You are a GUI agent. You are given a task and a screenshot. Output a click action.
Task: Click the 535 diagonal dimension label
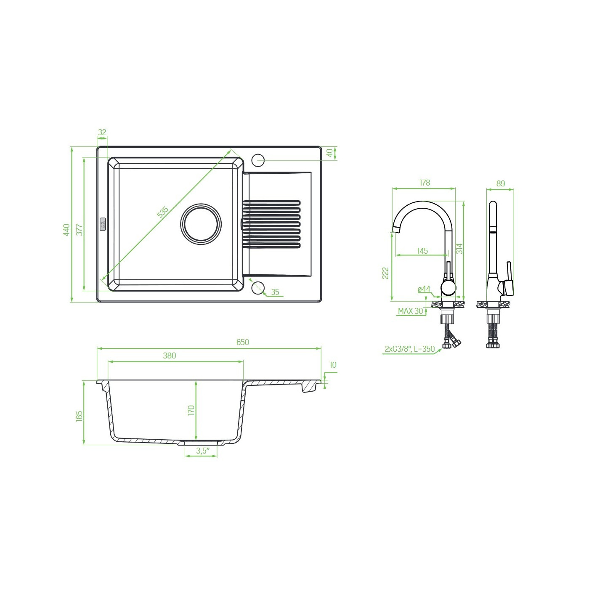point(163,212)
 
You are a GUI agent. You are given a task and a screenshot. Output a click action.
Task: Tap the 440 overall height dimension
point(66,230)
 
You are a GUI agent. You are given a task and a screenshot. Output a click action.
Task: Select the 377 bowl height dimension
point(79,230)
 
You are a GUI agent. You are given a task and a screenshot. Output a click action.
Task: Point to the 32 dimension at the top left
point(102,132)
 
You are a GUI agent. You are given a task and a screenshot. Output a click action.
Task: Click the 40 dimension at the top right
point(329,153)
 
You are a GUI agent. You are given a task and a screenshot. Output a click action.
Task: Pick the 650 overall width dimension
point(243,342)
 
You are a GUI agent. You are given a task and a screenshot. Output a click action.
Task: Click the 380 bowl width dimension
point(169,356)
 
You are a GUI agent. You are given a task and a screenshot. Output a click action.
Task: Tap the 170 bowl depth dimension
point(191,410)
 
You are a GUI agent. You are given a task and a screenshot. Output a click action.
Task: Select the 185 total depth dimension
point(79,417)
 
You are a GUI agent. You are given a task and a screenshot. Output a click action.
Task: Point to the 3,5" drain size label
point(203,451)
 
